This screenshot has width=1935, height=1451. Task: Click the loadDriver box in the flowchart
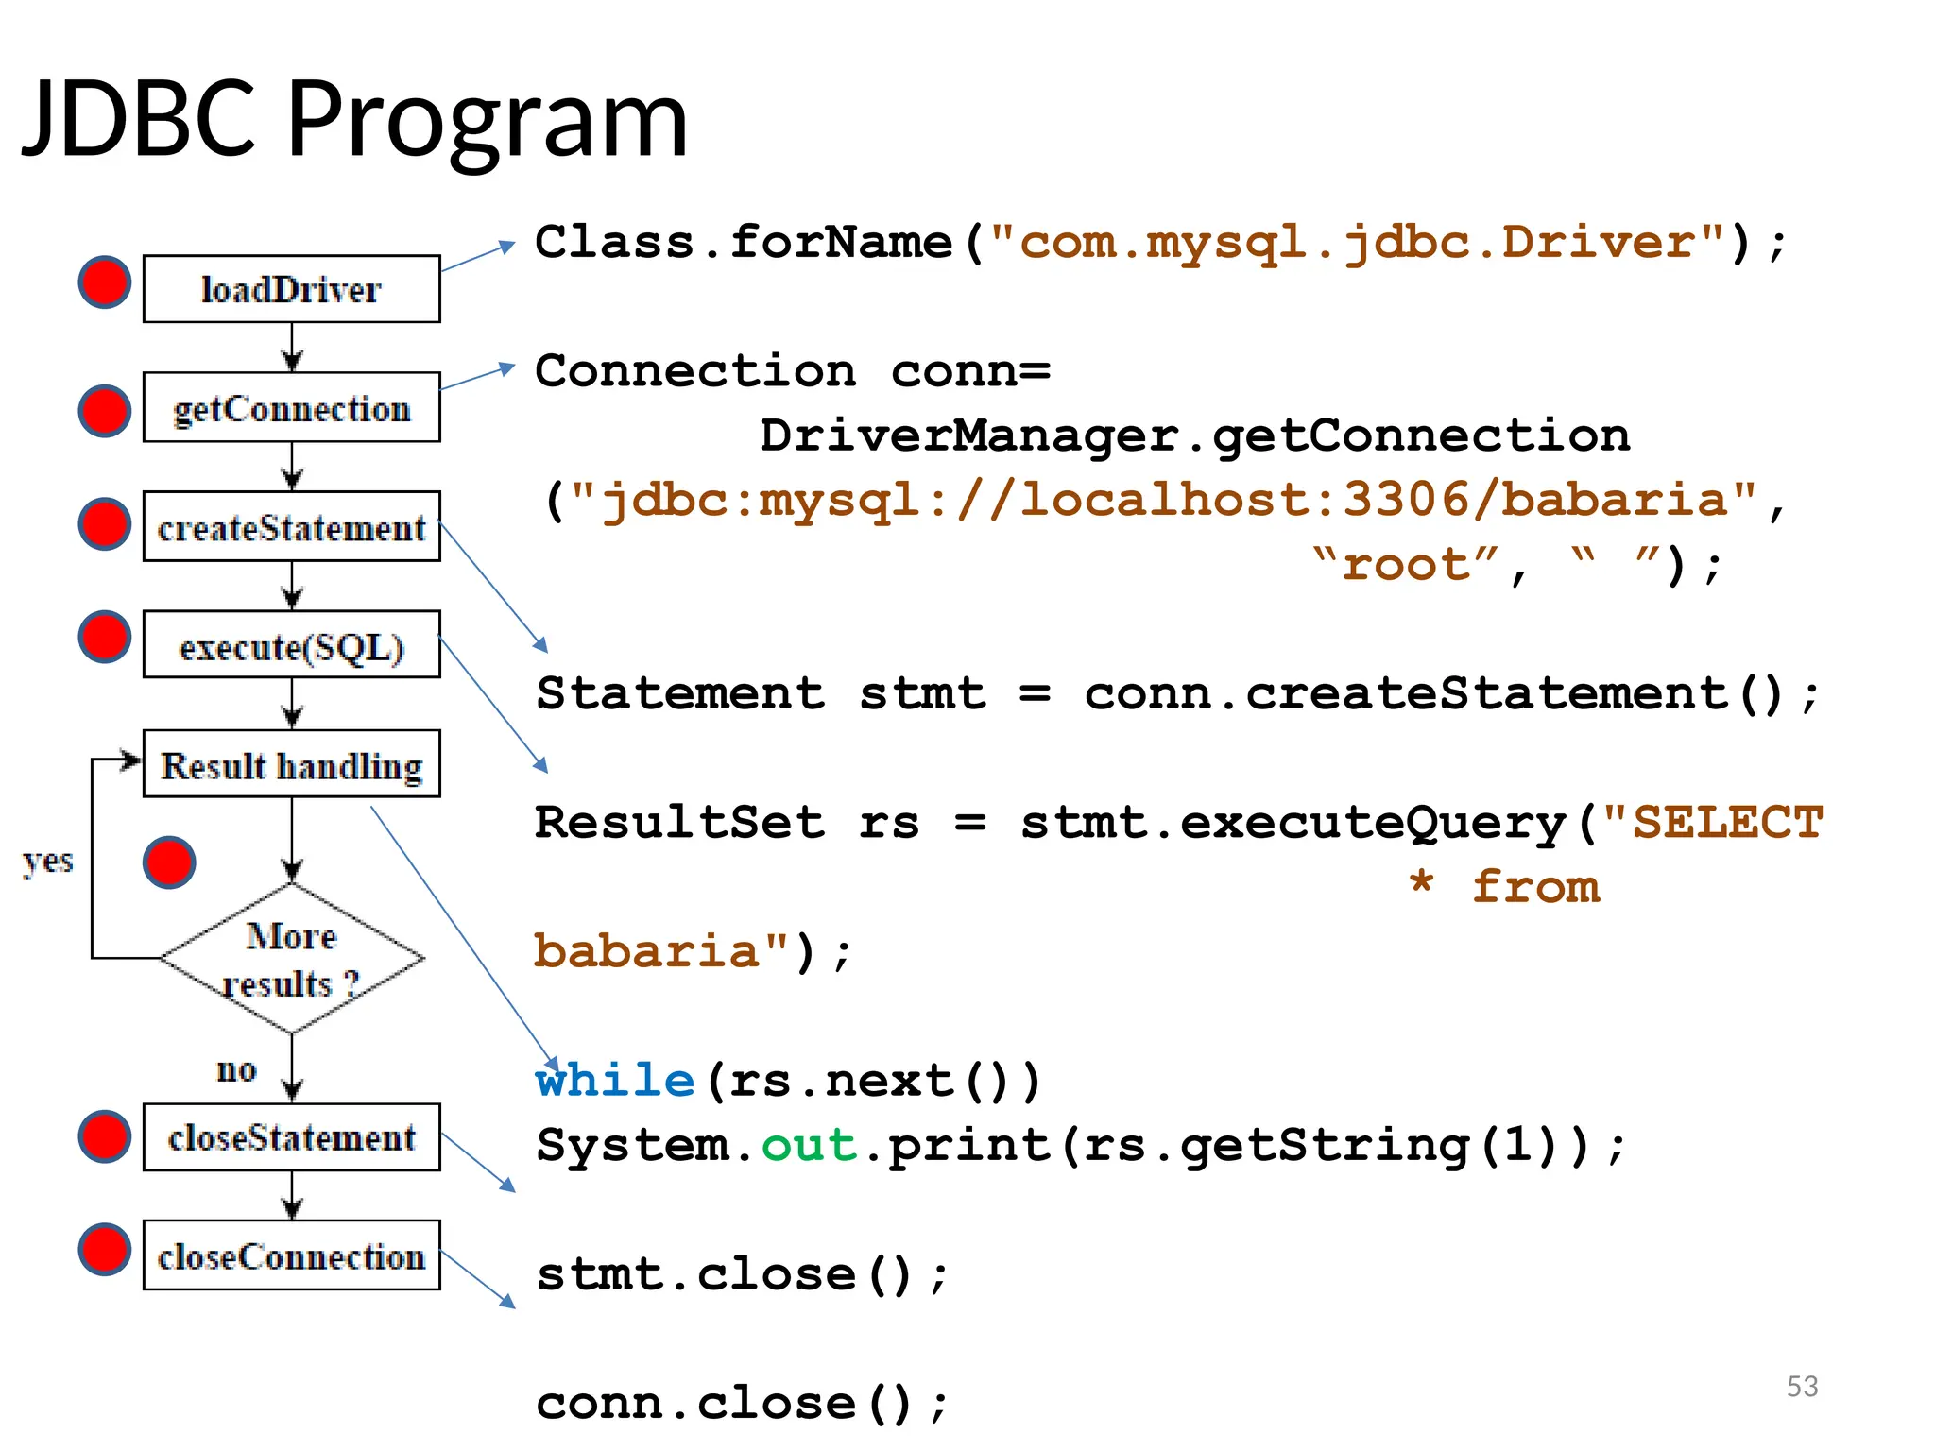(291, 289)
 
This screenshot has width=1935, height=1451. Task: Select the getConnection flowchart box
(291, 408)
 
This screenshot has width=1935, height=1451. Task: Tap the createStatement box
(291, 527)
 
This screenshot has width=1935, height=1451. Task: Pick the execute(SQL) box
(291, 646)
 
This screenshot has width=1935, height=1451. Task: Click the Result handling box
(291, 765)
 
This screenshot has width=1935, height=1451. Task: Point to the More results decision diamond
(291, 959)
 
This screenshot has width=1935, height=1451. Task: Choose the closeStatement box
(291, 1137)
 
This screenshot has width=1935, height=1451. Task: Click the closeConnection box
(291, 1256)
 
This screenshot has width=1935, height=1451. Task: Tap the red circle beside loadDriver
(104, 282)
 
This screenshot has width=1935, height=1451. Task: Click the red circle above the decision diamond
(169, 862)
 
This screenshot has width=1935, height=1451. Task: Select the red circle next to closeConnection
(104, 1249)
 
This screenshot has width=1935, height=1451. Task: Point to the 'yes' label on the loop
(47, 861)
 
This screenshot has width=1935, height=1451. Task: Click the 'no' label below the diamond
(236, 1069)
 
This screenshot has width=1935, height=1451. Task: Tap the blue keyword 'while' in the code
(615, 1080)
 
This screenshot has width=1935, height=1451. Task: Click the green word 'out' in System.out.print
(809, 1145)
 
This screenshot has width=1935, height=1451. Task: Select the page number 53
(1802, 1386)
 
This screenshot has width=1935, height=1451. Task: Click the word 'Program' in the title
(487, 120)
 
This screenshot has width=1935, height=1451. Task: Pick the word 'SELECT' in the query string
(1727, 822)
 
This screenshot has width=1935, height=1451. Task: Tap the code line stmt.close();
(742, 1273)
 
